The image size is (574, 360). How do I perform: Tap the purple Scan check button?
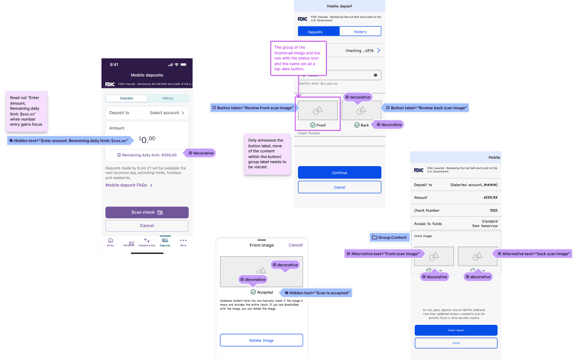pos(147,213)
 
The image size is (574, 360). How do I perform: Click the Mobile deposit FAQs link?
pos(129,185)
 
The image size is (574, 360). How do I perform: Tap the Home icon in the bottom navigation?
pos(110,242)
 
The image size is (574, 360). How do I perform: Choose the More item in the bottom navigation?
pos(183,242)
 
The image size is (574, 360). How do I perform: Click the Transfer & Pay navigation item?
pos(147,242)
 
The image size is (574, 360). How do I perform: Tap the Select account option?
pos(167,113)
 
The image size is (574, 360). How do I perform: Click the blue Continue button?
pos(339,172)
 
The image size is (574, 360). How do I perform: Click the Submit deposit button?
pos(456,330)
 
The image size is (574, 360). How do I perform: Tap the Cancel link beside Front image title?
pos(295,245)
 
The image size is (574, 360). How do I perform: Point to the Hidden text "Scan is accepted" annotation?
pos(318,293)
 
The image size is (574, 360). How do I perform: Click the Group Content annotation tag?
pos(389,237)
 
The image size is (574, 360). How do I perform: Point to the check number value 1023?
pos(493,211)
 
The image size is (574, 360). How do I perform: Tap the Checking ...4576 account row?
pos(362,50)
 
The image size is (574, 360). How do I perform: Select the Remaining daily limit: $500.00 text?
pos(147,155)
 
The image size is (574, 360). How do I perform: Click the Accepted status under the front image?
pos(262,293)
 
